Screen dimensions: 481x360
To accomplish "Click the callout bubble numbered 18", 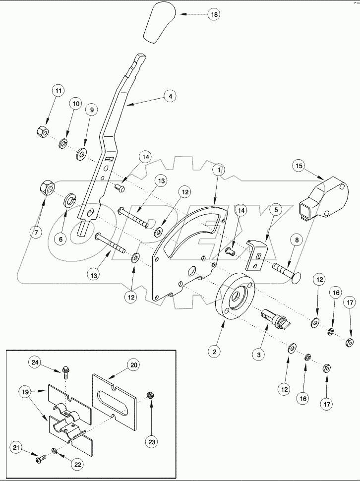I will (x=214, y=15).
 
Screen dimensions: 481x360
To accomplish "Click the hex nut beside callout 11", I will (x=42, y=132).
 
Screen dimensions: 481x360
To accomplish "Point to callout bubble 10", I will (x=76, y=104).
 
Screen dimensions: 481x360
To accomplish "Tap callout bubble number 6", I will (x=61, y=238).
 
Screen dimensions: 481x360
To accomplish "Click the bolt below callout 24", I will (x=66, y=370).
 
